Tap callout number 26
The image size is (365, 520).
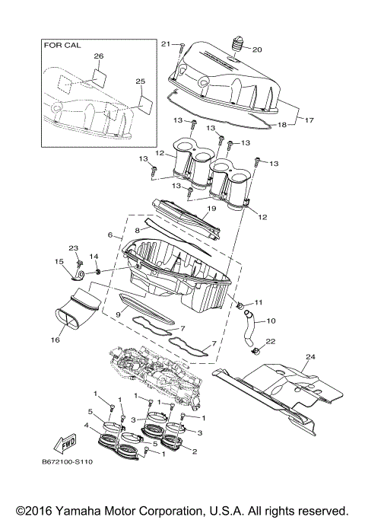98,56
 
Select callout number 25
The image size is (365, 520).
140,81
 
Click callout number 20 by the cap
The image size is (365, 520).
256,50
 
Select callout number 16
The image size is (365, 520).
54,341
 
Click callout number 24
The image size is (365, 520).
309,356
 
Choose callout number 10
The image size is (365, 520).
271,321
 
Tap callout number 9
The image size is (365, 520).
118,314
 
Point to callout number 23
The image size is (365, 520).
74,247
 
